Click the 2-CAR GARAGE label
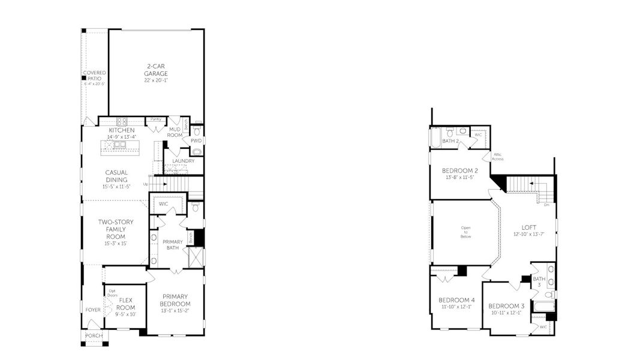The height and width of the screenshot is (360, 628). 155,70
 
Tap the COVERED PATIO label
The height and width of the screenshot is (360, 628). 94,76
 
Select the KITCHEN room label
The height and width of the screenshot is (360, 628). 122,131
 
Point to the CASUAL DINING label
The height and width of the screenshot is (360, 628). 116,176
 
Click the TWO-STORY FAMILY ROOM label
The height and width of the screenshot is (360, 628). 116,229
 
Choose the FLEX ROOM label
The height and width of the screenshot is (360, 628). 125,303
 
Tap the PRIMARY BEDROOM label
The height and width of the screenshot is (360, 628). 175,300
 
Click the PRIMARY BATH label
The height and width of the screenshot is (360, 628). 173,244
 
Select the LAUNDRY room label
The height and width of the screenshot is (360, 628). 183,161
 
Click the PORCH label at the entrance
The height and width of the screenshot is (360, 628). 94,335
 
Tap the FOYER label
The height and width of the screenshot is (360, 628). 93,310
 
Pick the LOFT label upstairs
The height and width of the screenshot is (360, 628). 528,227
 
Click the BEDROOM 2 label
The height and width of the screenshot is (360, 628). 460,170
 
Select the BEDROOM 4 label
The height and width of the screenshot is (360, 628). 456,300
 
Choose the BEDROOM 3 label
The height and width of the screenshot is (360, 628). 507,306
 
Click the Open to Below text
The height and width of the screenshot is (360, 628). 466,232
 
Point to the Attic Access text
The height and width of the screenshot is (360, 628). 498,157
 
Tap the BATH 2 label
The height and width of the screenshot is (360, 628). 450,141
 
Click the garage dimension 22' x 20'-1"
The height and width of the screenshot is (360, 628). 155,80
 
